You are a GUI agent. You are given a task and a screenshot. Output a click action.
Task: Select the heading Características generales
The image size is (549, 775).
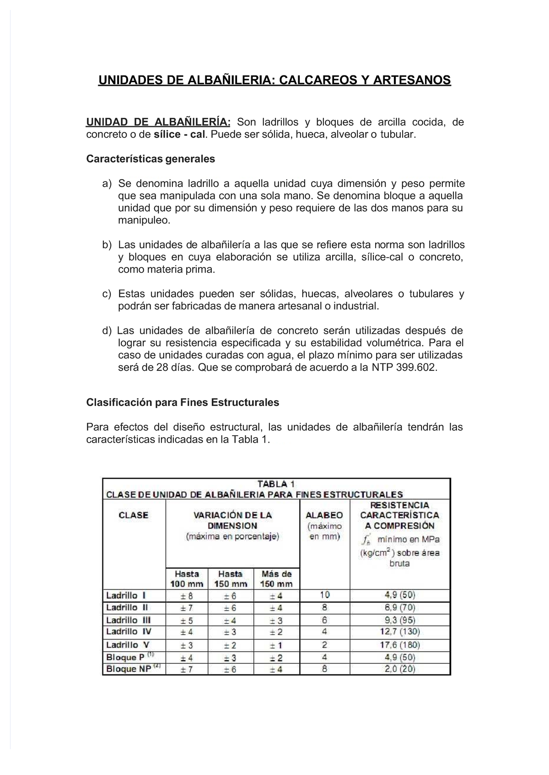151,159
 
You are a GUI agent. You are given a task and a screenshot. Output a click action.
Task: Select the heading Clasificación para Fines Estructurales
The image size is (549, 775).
183,402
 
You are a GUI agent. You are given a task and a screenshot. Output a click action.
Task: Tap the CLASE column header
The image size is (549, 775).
134,515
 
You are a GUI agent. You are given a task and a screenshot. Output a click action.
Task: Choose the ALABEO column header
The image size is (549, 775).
324,515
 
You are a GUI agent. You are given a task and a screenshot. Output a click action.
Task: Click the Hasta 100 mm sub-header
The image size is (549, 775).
187,578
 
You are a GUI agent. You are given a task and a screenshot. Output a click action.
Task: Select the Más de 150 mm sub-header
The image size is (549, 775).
276,578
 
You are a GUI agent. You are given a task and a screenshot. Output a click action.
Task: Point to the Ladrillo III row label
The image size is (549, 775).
128,620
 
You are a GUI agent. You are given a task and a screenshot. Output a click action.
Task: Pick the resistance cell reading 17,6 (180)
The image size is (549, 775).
400,645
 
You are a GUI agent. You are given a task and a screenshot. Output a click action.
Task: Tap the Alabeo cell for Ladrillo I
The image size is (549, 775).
324,595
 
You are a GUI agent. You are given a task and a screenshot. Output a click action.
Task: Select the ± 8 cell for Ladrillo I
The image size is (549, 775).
187,595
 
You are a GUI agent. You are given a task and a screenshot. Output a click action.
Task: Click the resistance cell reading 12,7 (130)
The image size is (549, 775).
400,632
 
